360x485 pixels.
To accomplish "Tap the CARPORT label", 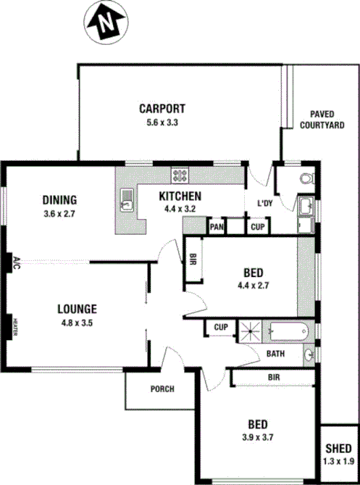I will point(162,109).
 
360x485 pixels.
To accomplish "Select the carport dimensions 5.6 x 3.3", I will point(162,123).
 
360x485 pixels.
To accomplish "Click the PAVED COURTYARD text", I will point(322,120).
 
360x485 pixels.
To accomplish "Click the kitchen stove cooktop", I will point(180,175).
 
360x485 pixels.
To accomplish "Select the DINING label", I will point(59,200).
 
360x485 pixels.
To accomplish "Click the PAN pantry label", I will point(216,227).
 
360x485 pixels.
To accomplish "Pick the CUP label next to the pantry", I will point(257,227).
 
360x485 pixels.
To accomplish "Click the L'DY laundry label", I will point(265,203).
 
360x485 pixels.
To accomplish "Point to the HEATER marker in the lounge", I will point(14,327).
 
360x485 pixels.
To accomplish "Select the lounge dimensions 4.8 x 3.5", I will point(77,323).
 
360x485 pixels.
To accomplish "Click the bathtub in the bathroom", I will point(288,333).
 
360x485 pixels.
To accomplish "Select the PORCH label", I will point(162,389).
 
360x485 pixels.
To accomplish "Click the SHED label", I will point(338,449).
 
